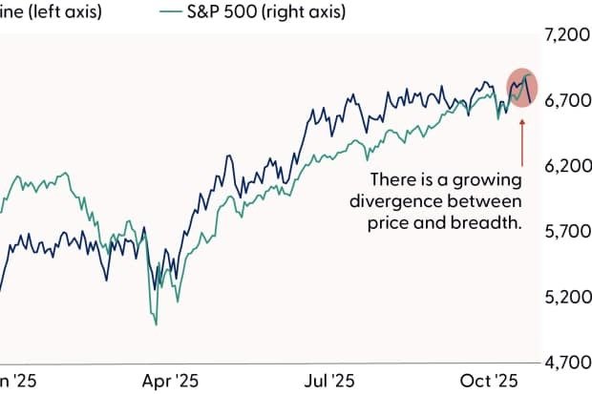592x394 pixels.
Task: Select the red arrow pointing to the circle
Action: pyautogui.click(x=521, y=139)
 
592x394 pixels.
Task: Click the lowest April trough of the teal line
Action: pyautogui.click(x=156, y=325)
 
